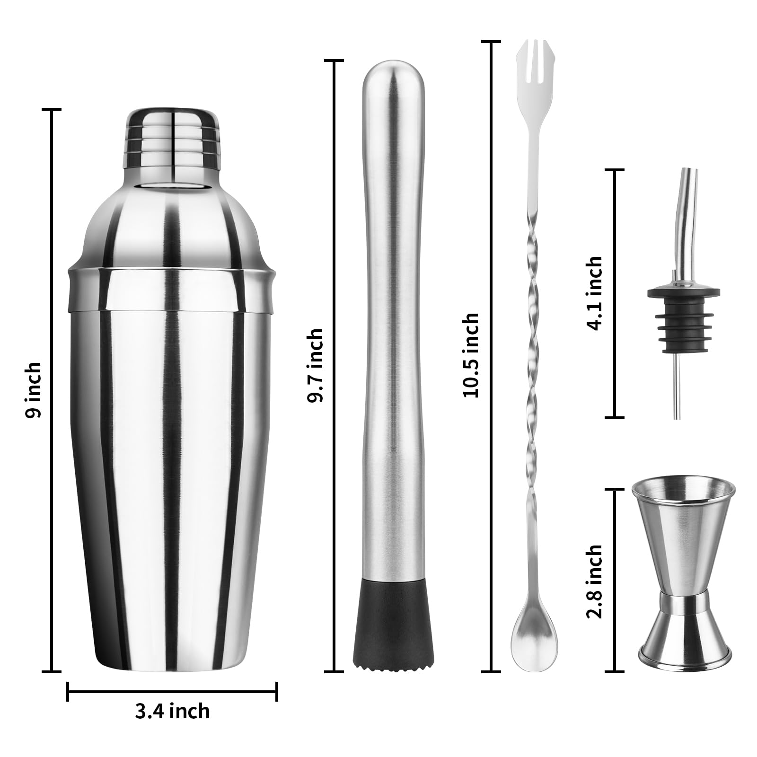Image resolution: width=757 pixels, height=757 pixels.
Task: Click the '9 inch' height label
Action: point(33,389)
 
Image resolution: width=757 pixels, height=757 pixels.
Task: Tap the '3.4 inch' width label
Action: point(172,711)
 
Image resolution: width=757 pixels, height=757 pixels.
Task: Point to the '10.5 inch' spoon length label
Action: point(471,355)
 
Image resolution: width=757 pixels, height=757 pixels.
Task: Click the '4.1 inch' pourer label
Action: point(594,293)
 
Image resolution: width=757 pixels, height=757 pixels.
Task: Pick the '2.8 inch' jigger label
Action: point(594,581)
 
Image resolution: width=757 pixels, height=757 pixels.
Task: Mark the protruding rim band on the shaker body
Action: point(172,290)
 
